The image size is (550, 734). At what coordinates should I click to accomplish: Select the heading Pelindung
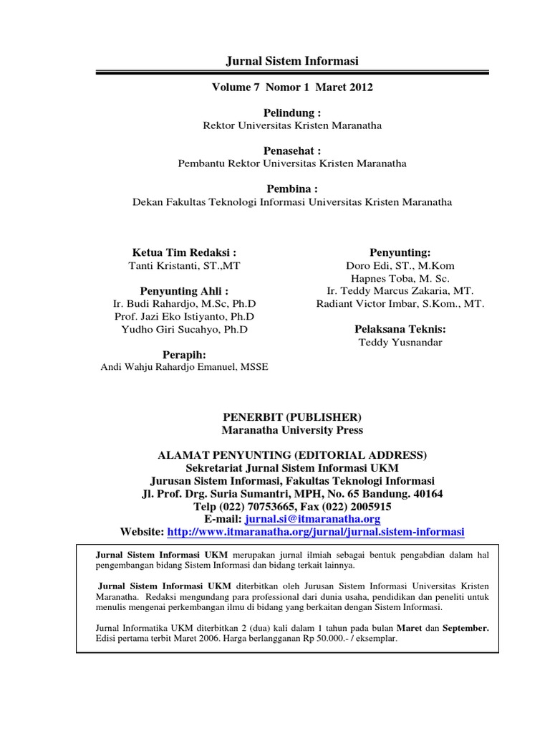click(291, 113)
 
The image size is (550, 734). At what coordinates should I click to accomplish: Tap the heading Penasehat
click(291, 150)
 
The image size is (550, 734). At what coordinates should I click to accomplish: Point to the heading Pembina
click(291, 189)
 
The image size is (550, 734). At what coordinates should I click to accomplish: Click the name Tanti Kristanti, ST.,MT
click(184, 265)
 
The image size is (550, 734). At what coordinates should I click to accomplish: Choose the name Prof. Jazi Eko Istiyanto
click(184, 316)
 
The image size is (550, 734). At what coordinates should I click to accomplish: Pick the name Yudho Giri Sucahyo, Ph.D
click(184, 329)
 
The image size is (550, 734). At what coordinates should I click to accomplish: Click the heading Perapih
click(184, 355)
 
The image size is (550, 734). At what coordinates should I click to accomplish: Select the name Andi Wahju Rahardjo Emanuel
click(184, 368)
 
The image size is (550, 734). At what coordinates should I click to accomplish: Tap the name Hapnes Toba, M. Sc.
click(400, 278)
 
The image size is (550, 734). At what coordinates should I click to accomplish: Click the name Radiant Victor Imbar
click(400, 304)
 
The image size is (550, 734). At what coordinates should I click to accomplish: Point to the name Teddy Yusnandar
click(400, 342)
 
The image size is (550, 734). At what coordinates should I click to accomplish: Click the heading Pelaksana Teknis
click(400, 329)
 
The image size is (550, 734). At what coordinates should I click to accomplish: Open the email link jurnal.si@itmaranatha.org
click(312, 519)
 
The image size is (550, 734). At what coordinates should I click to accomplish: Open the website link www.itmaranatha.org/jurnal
click(316, 532)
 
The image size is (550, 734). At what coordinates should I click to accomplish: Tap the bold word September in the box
click(466, 626)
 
